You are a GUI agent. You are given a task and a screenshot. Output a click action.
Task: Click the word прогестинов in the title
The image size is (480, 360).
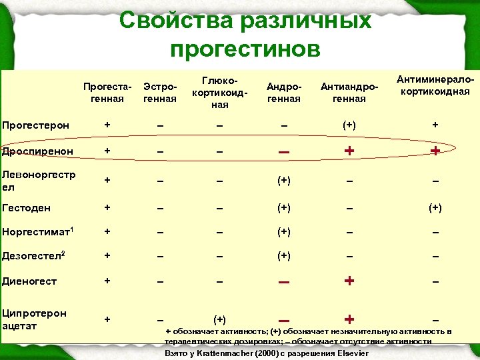tap(245, 49)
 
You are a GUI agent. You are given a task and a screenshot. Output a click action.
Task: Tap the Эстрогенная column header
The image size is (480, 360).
tap(160, 93)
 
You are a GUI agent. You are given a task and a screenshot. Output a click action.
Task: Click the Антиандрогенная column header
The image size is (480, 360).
tap(349, 93)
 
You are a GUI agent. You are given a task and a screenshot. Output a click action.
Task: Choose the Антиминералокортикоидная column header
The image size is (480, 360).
tap(435, 86)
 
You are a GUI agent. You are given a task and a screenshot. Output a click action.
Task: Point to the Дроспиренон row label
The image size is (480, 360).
tap(37, 151)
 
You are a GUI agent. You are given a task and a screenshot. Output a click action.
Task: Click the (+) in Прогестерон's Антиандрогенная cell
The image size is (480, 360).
tap(349, 125)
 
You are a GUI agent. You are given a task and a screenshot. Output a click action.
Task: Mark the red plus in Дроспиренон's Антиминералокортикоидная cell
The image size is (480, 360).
tap(435, 151)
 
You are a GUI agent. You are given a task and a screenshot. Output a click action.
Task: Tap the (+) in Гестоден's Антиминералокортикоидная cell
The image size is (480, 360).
tap(435, 207)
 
